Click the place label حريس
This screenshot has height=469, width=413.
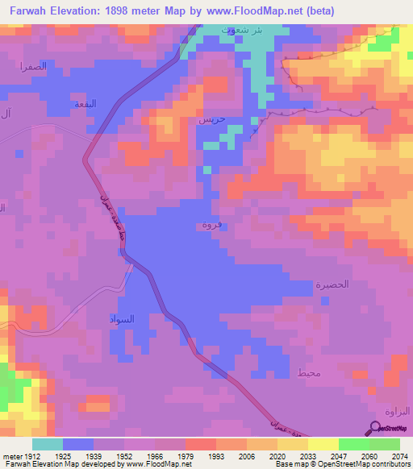coord(211,120)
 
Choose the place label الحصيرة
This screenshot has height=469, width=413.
coord(331,285)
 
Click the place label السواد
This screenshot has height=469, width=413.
coord(122,320)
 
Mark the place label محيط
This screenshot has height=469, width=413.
coord(309,371)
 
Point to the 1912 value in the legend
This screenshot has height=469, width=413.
coord(27,456)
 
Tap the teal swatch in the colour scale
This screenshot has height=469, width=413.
coord(48,444)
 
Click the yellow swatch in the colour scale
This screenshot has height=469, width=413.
coord(322,444)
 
